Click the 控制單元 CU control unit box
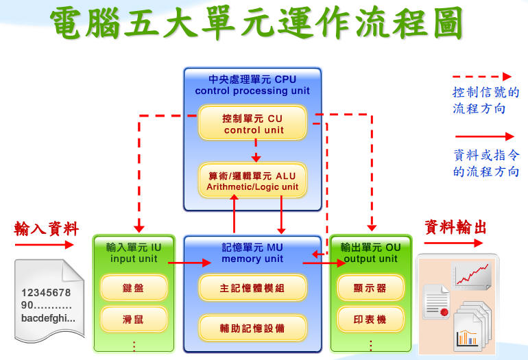pyautogui.click(x=252, y=123)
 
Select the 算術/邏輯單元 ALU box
pyautogui.click(x=252, y=180)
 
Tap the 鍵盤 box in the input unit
pyautogui.click(x=134, y=288)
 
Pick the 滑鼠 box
pyautogui.click(x=134, y=320)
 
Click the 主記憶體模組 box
pyautogui.click(x=252, y=288)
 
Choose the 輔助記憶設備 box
pyautogui.click(x=252, y=328)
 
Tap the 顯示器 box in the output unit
pyautogui.click(x=370, y=288)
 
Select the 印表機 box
pyautogui.click(x=370, y=320)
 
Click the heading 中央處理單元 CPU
pyautogui.click(x=252, y=79)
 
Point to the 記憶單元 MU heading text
pyautogui.click(x=252, y=248)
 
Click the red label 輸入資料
pyautogui.click(x=47, y=228)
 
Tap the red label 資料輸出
pyautogui.click(x=455, y=228)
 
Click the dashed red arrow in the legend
pyautogui.click(x=482, y=77)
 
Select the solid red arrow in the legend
pyautogui.click(x=485, y=136)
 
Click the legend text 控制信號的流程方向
pyautogui.click(x=485, y=100)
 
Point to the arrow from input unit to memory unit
pyautogui.click(x=189, y=263)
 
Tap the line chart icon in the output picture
pyautogui.click(x=472, y=276)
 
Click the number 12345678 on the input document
pyautogui.click(x=46, y=293)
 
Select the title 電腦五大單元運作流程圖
pyautogui.click(x=256, y=23)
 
